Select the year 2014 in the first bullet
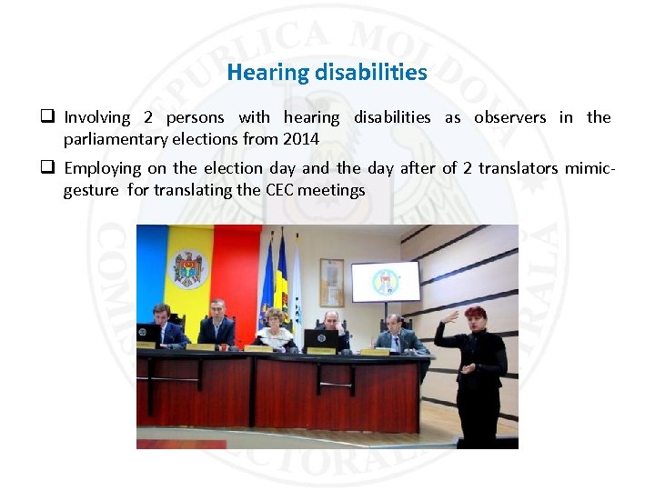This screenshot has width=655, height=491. [301, 139]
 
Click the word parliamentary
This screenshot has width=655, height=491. [118, 139]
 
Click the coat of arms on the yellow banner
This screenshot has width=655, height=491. [190, 269]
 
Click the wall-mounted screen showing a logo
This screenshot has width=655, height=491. [385, 282]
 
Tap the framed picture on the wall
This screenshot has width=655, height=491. [332, 282]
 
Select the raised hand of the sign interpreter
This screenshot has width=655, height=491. [448, 317]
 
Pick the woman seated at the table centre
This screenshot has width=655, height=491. [275, 328]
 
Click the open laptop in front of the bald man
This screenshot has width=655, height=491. [319, 340]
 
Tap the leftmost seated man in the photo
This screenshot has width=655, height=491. [165, 326]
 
